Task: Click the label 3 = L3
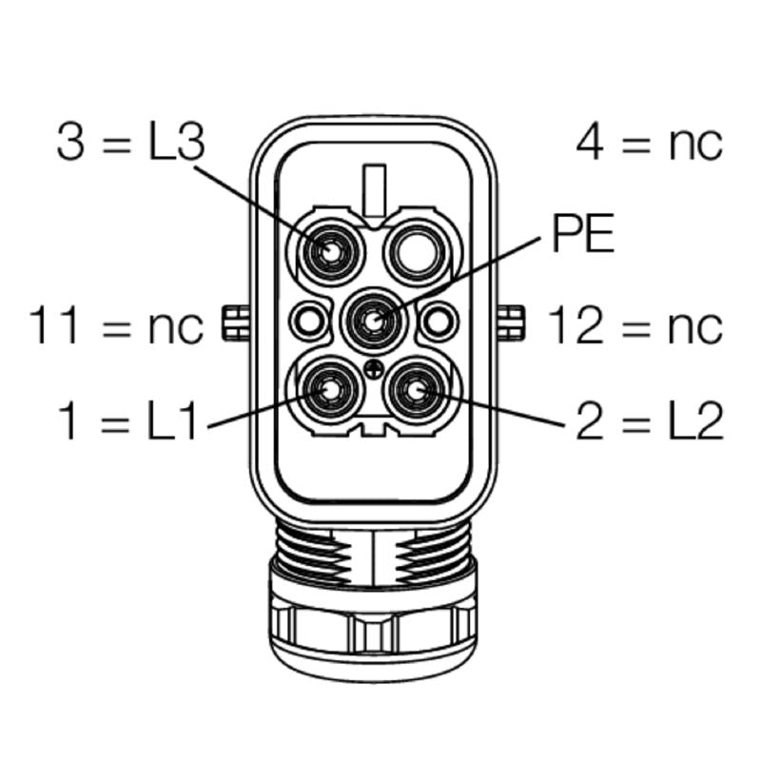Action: click(x=130, y=144)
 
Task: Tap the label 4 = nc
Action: click(x=649, y=144)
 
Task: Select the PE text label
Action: click(x=583, y=233)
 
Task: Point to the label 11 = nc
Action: click(x=116, y=326)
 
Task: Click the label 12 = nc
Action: click(x=634, y=326)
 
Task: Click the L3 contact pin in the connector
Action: click(x=329, y=252)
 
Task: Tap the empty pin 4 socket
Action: click(x=416, y=251)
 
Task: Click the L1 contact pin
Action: click(x=329, y=390)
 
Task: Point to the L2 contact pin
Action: click(x=417, y=390)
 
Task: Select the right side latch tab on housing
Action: click(x=512, y=323)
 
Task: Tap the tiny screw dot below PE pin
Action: click(x=373, y=368)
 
